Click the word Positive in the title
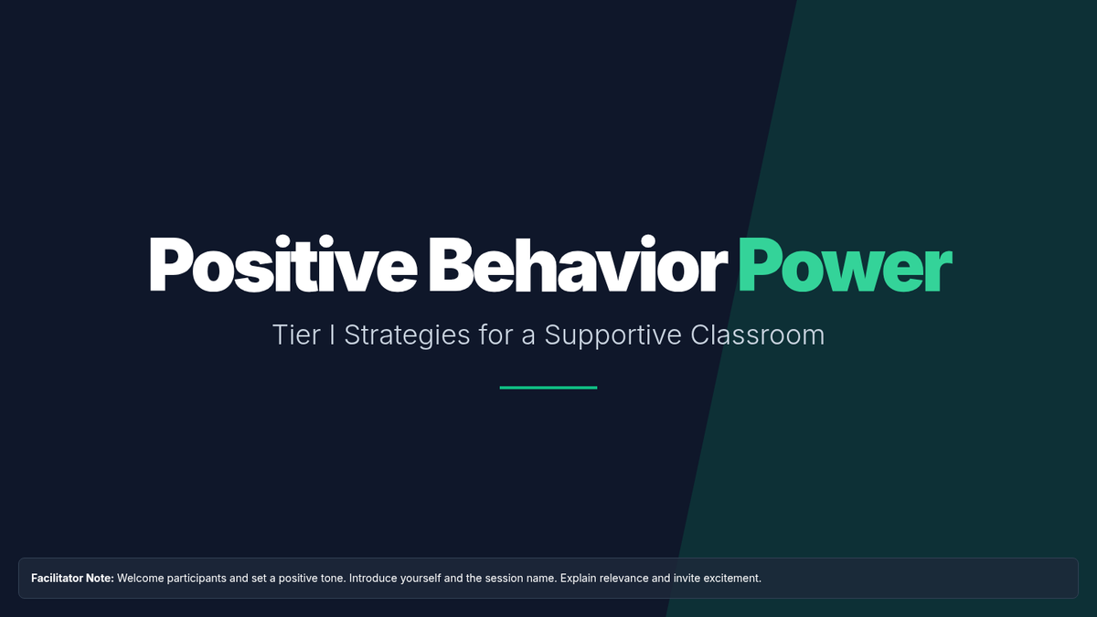pyautogui.click(x=283, y=264)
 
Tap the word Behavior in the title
pyautogui.click(x=578, y=264)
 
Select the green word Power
pyautogui.click(x=846, y=265)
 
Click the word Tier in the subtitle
pyautogui.click(x=297, y=335)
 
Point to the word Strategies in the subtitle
pyautogui.click(x=407, y=336)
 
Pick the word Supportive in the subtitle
pyautogui.click(x=612, y=336)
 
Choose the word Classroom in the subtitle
pyautogui.click(x=758, y=335)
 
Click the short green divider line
pyautogui.click(x=548, y=388)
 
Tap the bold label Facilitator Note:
pyautogui.click(x=72, y=579)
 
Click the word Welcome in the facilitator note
pyautogui.click(x=141, y=579)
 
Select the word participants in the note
pyautogui.click(x=197, y=580)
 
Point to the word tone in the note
pyautogui.click(x=333, y=579)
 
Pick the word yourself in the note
pyautogui.click(x=421, y=579)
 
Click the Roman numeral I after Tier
pyautogui.click(x=333, y=335)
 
